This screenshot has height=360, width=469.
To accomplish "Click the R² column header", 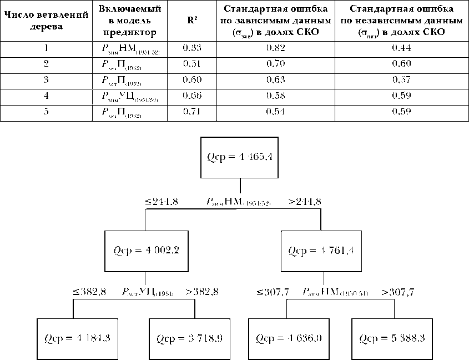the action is (x=191, y=21).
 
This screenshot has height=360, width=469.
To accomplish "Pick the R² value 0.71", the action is (x=191, y=112).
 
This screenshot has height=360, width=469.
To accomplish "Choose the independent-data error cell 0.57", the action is (x=401, y=80).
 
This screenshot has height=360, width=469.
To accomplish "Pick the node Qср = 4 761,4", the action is (x=321, y=251).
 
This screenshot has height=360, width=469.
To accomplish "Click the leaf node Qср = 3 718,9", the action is (x=190, y=338).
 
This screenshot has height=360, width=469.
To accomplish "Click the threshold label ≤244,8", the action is (x=162, y=202).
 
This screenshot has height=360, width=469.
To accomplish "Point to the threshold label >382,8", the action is (x=202, y=291).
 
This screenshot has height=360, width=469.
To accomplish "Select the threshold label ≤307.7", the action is (x=273, y=291).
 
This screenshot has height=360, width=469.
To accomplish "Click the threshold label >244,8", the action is (x=304, y=202).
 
